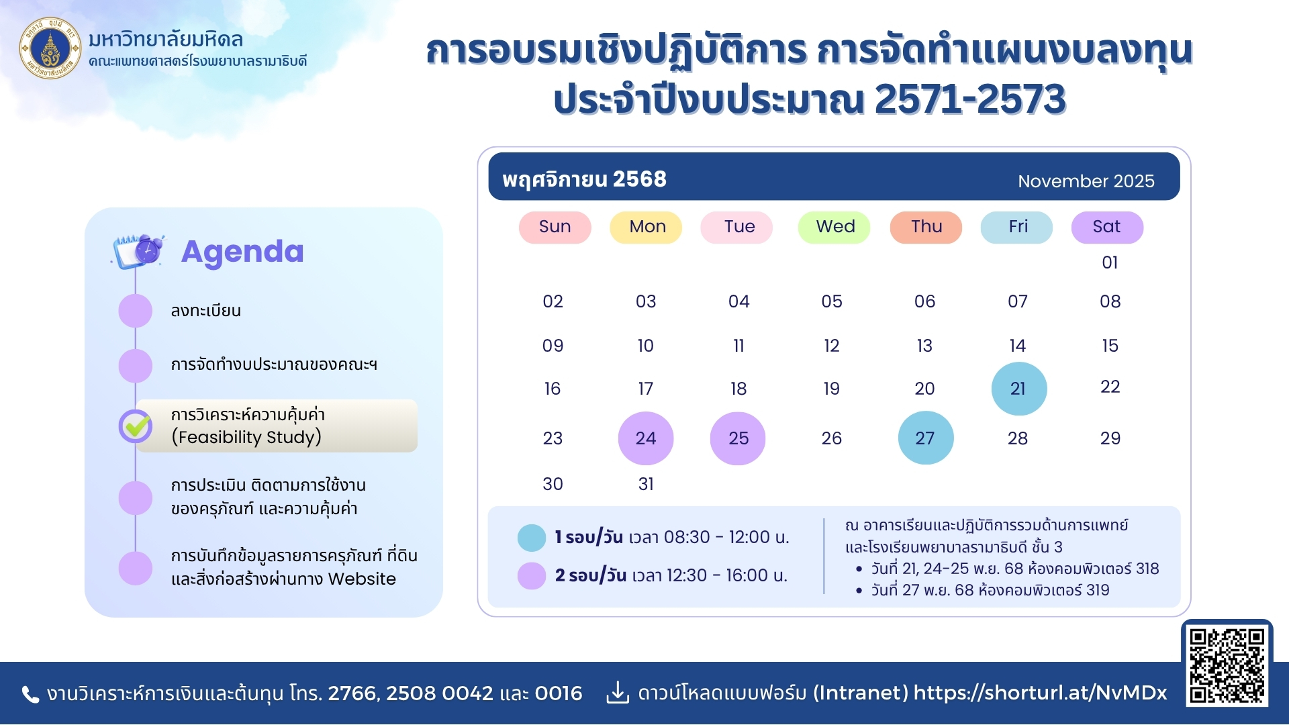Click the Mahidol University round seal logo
click(x=50, y=48)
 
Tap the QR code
click(x=1227, y=665)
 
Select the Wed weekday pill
click(x=834, y=227)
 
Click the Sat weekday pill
click(x=1107, y=227)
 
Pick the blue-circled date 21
click(x=1018, y=389)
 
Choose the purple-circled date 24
click(x=646, y=438)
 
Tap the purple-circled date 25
click(x=738, y=438)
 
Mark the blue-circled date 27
click(x=926, y=438)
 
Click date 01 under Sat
click(x=1110, y=262)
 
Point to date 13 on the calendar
click(x=924, y=346)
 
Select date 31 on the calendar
click(x=646, y=484)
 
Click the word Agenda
click(x=242, y=252)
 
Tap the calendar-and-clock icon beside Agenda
click(x=139, y=251)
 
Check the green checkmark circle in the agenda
click(x=136, y=426)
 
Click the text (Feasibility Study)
click(x=246, y=437)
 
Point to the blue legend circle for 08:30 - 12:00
click(x=532, y=538)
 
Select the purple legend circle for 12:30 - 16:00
click(x=532, y=576)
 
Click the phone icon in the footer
click(x=30, y=694)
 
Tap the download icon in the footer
click(x=618, y=693)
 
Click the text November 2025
click(x=1086, y=181)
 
